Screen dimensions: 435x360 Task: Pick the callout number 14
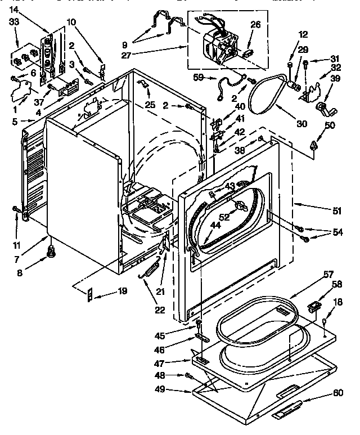click(14, 10)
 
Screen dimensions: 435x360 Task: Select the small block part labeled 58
click(314, 307)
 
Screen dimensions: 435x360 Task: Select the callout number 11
click(16, 230)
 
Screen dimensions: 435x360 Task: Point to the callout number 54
click(337, 232)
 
